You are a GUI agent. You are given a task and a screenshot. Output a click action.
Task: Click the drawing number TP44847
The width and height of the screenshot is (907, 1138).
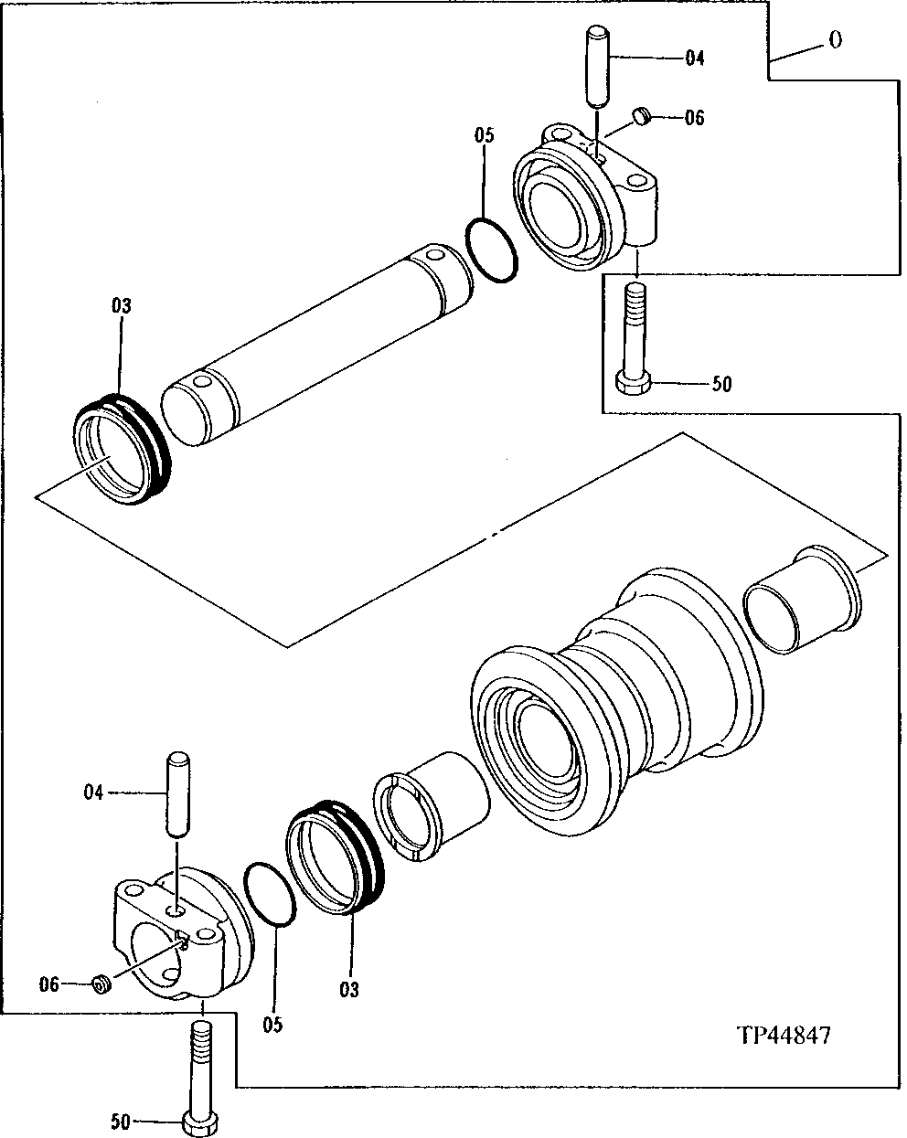pos(784,1036)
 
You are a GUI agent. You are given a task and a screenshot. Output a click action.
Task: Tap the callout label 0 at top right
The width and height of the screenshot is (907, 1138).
pos(835,41)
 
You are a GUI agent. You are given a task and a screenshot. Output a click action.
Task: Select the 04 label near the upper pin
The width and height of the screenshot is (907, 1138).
pos(694,58)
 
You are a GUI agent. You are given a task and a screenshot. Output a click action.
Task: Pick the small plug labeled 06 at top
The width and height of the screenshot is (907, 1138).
pos(642,116)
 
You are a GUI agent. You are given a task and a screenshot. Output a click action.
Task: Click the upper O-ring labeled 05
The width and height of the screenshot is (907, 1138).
pos(493,250)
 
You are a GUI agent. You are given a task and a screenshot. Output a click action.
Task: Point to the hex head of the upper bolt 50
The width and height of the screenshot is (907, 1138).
pos(634,382)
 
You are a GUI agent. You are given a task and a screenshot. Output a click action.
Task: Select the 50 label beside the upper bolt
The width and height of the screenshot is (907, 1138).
pos(721,384)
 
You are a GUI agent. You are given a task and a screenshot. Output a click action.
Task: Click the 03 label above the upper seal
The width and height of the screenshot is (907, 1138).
pos(122,306)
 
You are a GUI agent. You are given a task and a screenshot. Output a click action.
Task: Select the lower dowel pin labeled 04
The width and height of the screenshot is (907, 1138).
pos(178,792)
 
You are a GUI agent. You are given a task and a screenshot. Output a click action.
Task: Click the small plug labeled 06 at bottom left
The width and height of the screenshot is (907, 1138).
pos(102,984)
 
